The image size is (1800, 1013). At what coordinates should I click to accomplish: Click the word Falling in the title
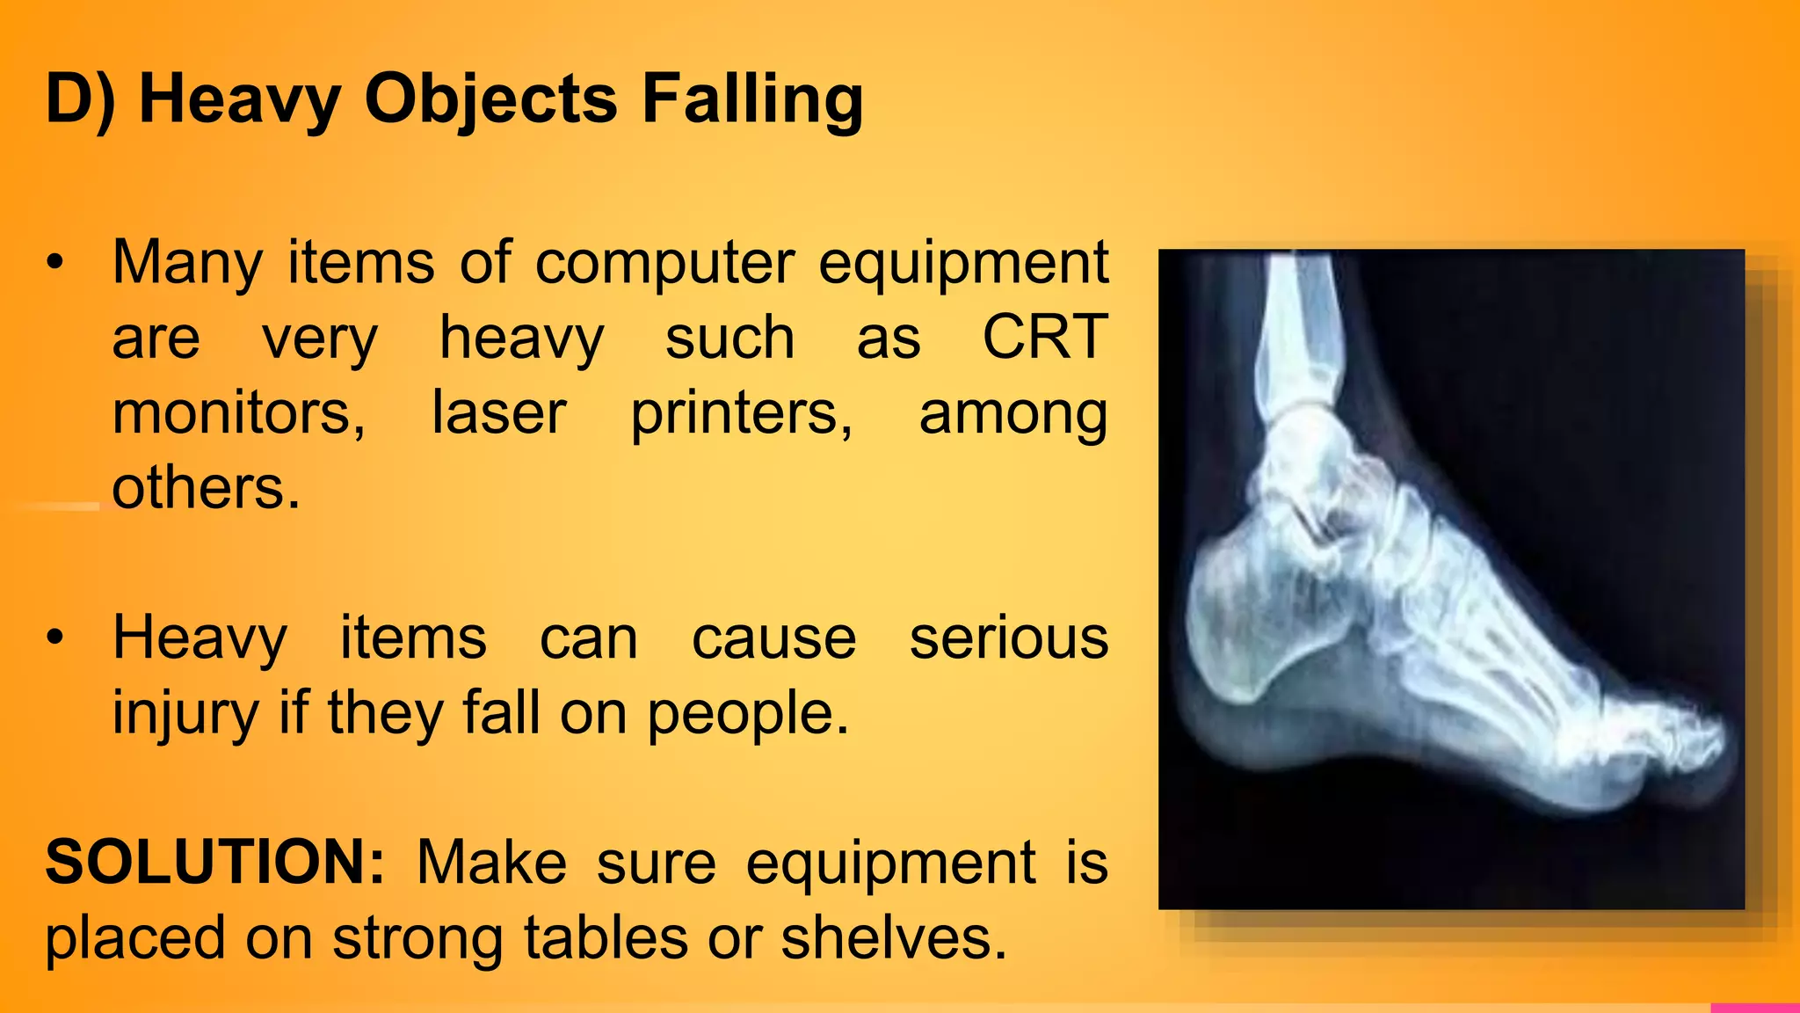pyautogui.click(x=752, y=98)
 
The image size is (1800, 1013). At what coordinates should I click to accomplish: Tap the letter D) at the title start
pyautogui.click(x=80, y=98)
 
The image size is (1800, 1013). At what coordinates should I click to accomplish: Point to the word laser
pyautogui.click(x=498, y=412)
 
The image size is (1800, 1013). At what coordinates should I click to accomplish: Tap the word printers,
pyautogui.click(x=741, y=412)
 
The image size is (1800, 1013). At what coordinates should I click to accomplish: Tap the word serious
pyautogui.click(x=1008, y=638)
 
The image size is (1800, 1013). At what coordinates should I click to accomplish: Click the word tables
pyautogui.click(x=606, y=937)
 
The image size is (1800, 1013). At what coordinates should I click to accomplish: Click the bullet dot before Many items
pyautogui.click(x=55, y=263)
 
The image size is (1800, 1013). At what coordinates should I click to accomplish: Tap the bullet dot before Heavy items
pyautogui.click(x=55, y=638)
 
